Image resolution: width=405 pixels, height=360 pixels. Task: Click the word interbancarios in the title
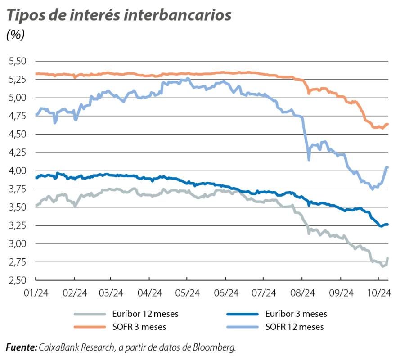(x=179, y=15)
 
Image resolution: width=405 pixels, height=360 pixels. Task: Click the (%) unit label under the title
(x=15, y=35)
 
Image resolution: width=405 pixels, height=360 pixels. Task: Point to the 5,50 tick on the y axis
(x=18, y=61)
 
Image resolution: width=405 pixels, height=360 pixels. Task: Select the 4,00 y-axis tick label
(x=18, y=171)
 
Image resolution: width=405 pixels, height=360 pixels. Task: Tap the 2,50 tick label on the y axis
(x=18, y=280)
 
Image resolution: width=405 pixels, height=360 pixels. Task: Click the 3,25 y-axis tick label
(x=18, y=225)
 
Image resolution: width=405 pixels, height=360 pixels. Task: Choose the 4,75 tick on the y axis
(x=18, y=116)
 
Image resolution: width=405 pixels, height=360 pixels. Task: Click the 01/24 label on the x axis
(x=36, y=292)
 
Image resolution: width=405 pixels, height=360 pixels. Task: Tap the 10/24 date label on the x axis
(x=379, y=292)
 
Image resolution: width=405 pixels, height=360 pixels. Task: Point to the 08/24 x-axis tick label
(x=302, y=292)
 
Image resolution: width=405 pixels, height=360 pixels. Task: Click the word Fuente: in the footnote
(x=21, y=347)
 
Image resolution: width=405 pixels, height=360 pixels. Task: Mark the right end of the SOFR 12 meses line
(x=387, y=168)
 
